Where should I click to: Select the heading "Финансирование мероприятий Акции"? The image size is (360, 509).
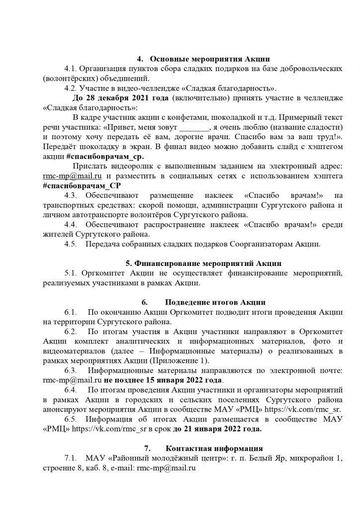tap(202, 263)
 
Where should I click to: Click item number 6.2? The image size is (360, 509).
tap(74, 332)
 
